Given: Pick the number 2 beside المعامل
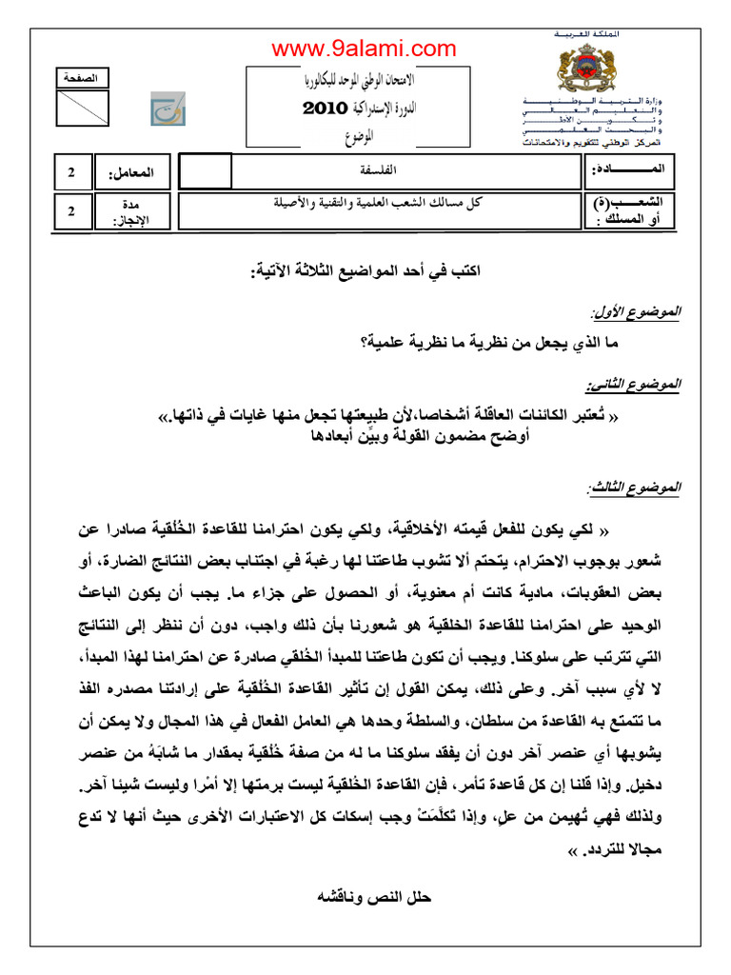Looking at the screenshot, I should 71,173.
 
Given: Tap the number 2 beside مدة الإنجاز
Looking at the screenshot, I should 71,211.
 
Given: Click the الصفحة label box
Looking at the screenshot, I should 83,77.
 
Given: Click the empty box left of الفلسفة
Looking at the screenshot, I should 205,172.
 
